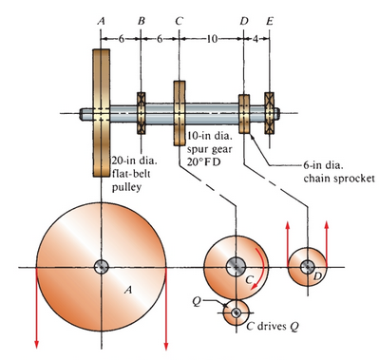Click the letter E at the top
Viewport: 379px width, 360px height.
pos(270,19)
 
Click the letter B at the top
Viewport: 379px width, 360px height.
pos(142,19)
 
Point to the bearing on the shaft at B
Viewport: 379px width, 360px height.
pos(142,112)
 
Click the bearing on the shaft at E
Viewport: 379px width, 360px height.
pos(270,112)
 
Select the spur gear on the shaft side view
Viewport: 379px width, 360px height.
pos(179,112)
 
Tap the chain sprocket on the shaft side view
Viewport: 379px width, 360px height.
pos(243,113)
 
